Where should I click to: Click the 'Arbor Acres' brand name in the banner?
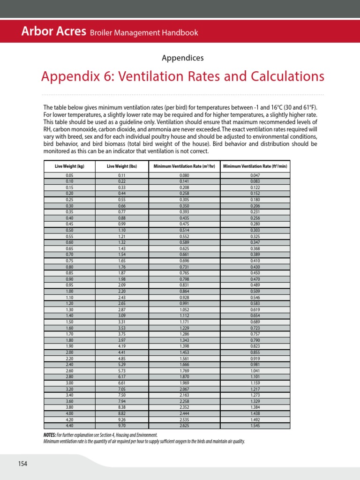pos(53,32)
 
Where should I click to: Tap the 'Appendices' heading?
pos(182,58)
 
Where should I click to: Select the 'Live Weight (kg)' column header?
pos(69,166)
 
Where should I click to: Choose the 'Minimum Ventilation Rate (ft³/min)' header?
pos(255,166)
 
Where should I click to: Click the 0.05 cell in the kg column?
pos(69,175)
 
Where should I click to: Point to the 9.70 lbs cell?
pos(121,426)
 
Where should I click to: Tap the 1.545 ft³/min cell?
pos(255,426)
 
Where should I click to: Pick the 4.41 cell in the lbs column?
pos(121,352)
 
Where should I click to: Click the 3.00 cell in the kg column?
pos(69,382)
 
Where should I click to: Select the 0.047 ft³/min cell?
pos(255,175)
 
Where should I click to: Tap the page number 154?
pos(23,464)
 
